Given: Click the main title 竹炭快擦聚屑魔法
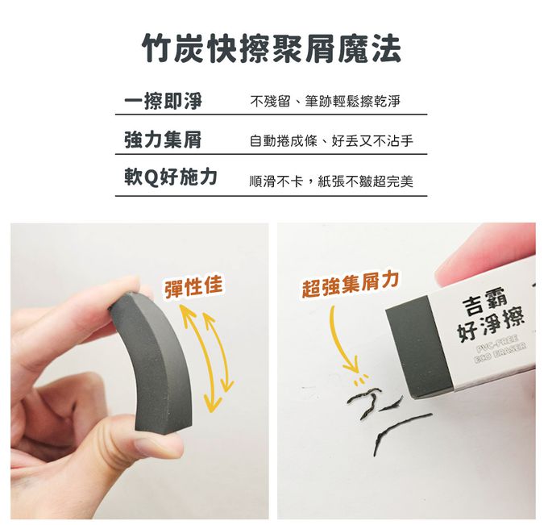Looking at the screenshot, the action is [x=272, y=49].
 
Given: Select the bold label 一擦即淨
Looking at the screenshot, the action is [x=164, y=101].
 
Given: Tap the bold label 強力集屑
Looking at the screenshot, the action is [x=163, y=140].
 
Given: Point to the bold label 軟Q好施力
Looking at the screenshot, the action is [x=171, y=177].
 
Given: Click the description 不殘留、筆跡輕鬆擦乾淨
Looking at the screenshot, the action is [x=325, y=102].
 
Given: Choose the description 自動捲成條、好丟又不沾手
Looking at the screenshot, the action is [x=331, y=141].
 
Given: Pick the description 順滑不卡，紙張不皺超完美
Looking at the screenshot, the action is [x=331, y=181].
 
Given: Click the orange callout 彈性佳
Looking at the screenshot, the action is [x=193, y=286].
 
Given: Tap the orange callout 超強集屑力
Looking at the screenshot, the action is [x=350, y=285].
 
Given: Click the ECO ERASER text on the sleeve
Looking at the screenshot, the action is [x=500, y=353].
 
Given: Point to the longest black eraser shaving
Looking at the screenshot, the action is [x=402, y=431].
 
